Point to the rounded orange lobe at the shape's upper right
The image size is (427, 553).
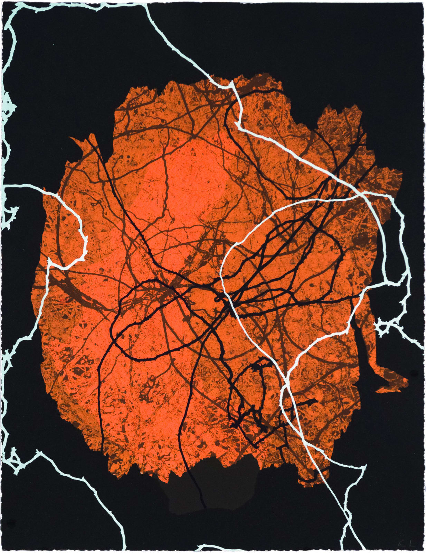point(340,118)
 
